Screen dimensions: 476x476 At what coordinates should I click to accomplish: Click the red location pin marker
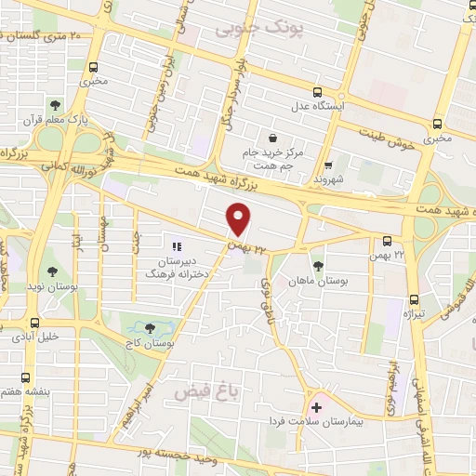pos(239,219)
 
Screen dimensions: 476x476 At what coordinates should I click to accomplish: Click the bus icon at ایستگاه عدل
pos(318,92)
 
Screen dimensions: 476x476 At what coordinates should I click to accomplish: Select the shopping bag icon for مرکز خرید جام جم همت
pos(271,136)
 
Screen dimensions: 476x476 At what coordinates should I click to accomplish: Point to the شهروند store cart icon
pos(327,163)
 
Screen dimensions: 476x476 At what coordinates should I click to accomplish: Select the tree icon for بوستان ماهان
pos(318,266)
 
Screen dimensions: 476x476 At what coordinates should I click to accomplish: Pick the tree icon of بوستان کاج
pos(151,327)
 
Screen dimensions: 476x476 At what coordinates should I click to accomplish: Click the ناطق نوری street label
pos(263,292)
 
